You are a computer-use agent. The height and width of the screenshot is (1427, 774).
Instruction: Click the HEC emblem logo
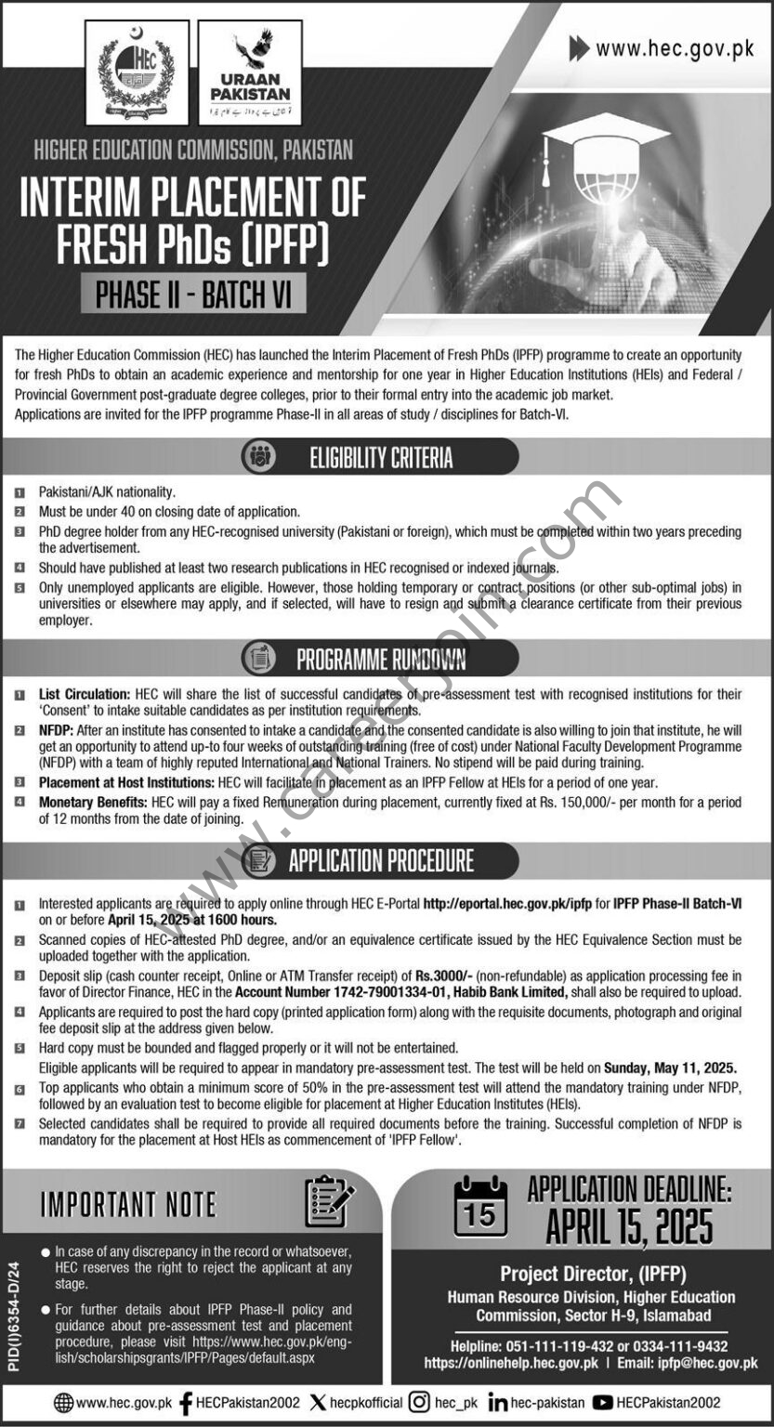137,72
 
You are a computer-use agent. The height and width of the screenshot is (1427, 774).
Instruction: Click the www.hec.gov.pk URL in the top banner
675,49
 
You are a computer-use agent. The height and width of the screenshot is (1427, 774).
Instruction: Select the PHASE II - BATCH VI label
194,295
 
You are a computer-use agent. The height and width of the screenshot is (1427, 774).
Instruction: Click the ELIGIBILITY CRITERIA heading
381,457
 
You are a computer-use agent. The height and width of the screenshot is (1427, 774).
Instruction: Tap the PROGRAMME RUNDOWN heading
381,659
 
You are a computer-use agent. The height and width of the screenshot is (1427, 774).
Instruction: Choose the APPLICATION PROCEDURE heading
381,861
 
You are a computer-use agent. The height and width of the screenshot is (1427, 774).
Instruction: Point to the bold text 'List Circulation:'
84,694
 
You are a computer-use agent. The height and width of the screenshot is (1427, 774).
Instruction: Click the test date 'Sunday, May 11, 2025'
670,1067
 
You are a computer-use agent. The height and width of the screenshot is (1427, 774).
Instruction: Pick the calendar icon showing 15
479,1207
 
